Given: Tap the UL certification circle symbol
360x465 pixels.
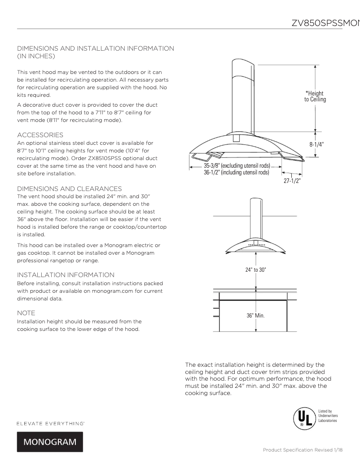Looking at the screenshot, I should click(302, 417).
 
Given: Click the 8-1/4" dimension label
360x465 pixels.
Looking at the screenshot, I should click(317, 144).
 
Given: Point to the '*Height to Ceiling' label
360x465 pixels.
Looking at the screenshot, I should click(315, 96).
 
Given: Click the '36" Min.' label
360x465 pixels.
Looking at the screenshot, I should click(255, 315).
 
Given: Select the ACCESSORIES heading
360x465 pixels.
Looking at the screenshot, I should click(40, 135).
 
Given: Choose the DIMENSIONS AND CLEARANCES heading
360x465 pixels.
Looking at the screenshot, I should click(69, 188).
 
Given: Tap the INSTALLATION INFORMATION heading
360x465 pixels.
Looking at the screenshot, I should click(66, 274).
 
